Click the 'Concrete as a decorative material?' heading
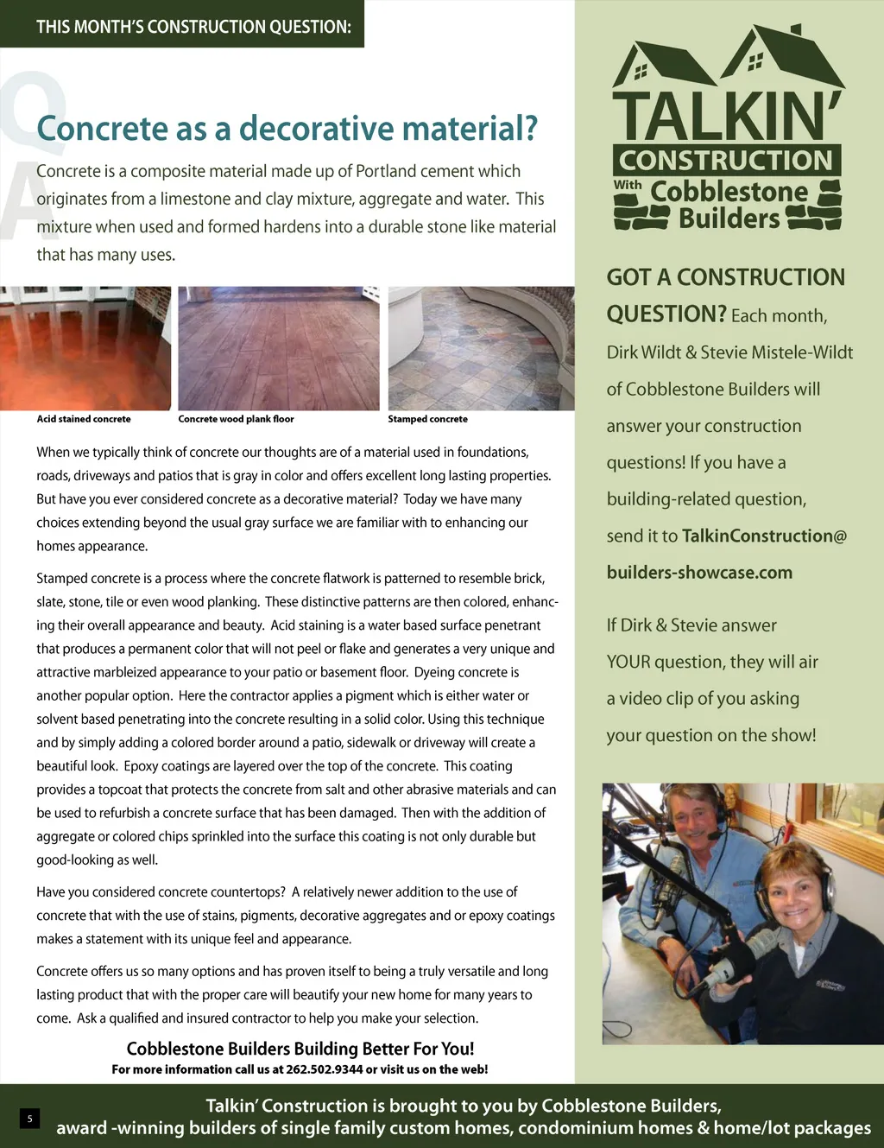click(x=287, y=129)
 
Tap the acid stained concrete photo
click(x=85, y=348)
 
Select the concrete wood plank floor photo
click(x=278, y=348)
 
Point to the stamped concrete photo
click(x=481, y=348)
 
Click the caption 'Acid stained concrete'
click(x=84, y=419)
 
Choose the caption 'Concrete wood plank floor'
click(x=236, y=419)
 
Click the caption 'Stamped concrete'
click(x=427, y=419)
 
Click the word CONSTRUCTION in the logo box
click(x=726, y=161)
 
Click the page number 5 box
click(x=29, y=1119)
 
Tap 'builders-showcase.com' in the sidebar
click(x=699, y=573)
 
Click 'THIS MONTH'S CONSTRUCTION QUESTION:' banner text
click(x=193, y=27)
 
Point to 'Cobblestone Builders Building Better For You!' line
click(x=300, y=1049)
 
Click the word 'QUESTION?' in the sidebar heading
click(x=666, y=314)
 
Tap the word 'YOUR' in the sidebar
click(x=628, y=663)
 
